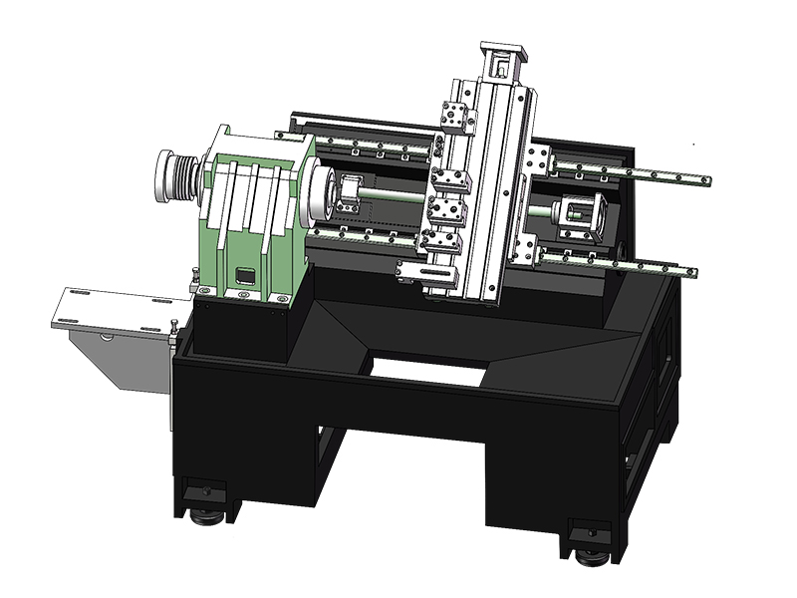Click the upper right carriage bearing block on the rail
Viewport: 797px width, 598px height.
click(538, 156)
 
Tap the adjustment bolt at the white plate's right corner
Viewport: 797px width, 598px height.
click(173, 327)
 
